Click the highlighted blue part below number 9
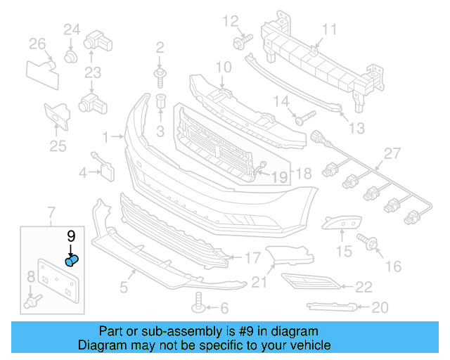pyautogui.click(x=72, y=262)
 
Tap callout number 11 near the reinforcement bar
pyautogui.click(x=330, y=30)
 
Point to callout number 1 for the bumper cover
pyautogui.click(x=105, y=136)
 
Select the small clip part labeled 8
pyautogui.click(x=32, y=303)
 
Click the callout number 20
pyautogui.click(x=380, y=307)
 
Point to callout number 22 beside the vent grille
pyautogui.click(x=364, y=286)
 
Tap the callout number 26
pyautogui.click(x=37, y=45)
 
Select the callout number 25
pyautogui.click(x=58, y=146)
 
